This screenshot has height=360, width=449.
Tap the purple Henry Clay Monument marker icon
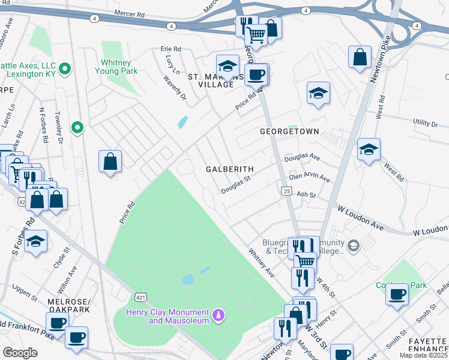[x=219, y=314]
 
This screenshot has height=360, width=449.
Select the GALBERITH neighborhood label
[x=230, y=169]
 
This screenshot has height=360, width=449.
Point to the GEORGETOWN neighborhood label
[x=289, y=131]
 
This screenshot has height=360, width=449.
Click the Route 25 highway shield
[x=287, y=190]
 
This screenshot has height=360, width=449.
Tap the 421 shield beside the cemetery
[x=140, y=296]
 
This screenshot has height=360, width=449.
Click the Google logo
[x=20, y=353]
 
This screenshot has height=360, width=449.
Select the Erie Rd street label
[x=171, y=49]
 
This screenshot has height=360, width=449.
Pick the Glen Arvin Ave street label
[x=309, y=178]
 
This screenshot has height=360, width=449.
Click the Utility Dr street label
[x=426, y=124]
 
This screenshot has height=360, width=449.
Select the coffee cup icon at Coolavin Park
[x=397, y=295]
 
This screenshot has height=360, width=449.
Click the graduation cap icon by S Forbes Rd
[x=36, y=241]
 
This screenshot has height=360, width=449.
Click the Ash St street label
[x=306, y=195]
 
